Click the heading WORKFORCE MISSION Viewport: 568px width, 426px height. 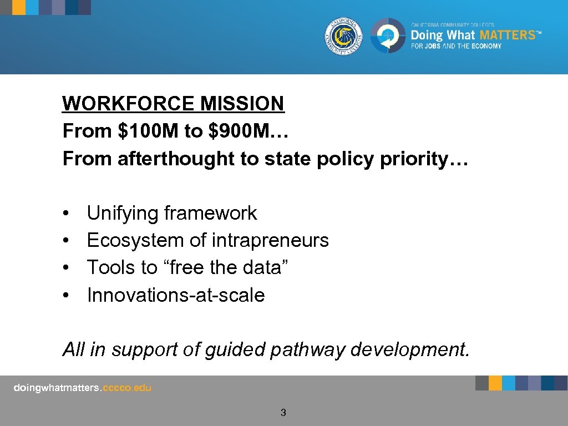[x=173, y=103]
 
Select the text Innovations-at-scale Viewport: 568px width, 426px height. [x=176, y=295]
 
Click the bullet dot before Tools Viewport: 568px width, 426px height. [x=65, y=268]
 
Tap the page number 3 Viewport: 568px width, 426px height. [x=283, y=412]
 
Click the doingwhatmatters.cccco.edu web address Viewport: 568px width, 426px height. [x=82, y=388]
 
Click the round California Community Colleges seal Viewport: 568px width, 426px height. [x=344, y=36]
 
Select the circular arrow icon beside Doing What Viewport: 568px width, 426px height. [x=388, y=36]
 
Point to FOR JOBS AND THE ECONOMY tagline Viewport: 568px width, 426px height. [x=456, y=46]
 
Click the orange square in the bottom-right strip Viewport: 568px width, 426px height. [x=495, y=383]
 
